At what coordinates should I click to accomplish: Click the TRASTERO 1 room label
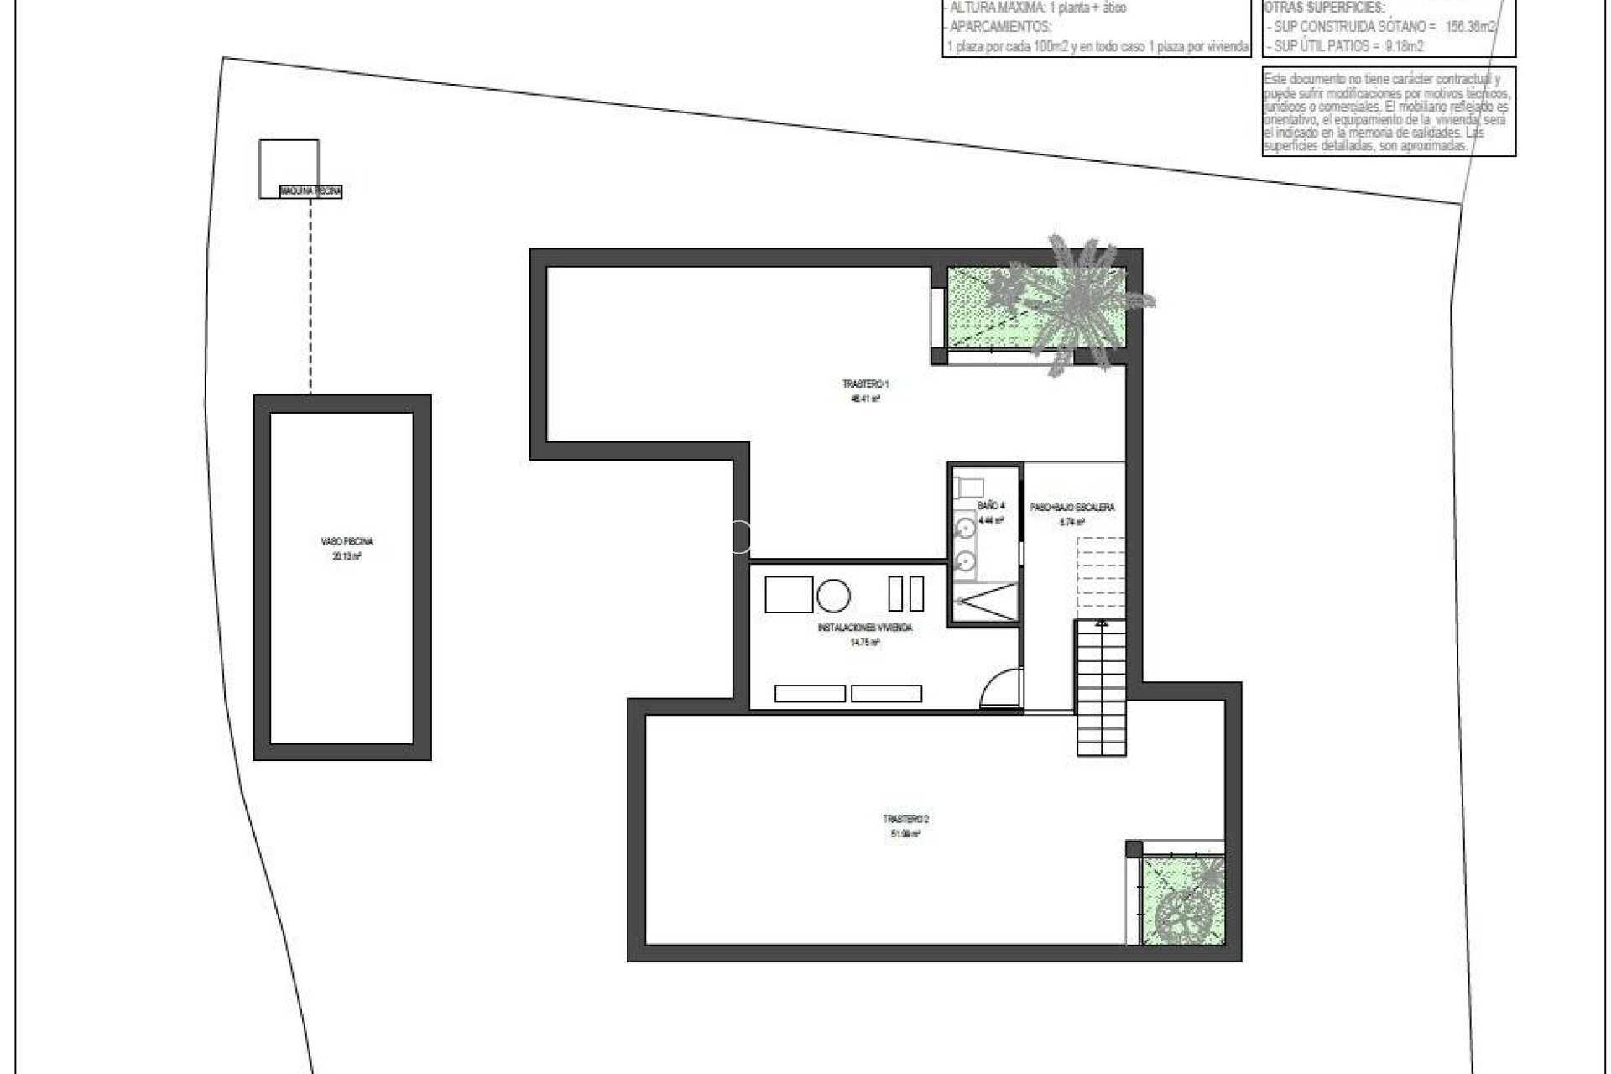(x=865, y=384)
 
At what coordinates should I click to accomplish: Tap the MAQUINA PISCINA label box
(x=311, y=192)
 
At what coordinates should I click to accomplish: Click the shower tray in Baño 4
(x=984, y=602)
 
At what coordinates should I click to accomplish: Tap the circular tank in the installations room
(x=834, y=595)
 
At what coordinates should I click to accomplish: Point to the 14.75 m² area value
(x=864, y=643)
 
